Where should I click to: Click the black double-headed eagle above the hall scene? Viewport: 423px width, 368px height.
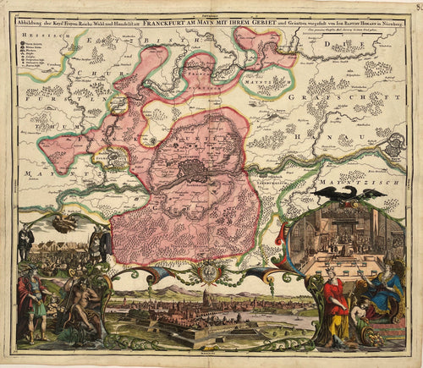point(349,196)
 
